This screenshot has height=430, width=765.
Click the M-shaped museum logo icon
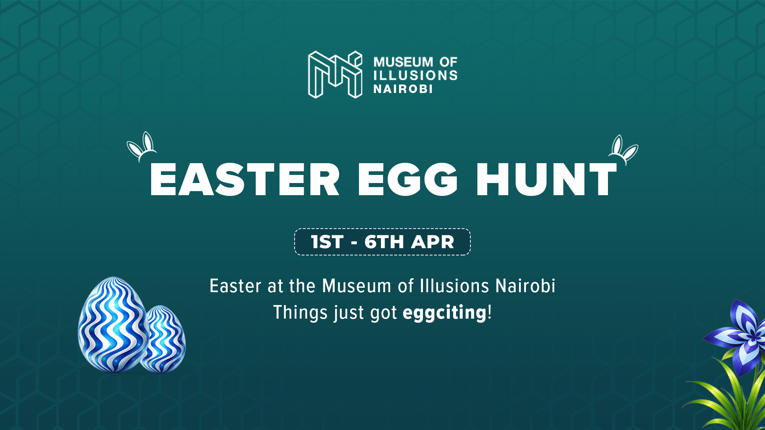(x=335, y=75)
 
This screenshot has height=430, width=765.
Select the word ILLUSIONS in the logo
(x=416, y=75)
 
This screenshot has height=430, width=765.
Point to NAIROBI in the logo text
(x=403, y=89)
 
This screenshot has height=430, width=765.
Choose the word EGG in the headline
(x=408, y=179)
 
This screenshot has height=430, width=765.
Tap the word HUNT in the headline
(x=547, y=179)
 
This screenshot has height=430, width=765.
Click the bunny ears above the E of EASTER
(x=142, y=146)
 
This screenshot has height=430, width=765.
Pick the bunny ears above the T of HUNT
(x=623, y=149)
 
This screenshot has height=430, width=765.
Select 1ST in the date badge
(x=327, y=242)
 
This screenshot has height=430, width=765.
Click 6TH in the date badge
(x=384, y=242)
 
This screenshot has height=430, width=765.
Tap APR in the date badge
(x=433, y=242)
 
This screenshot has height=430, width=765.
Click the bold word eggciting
(x=445, y=313)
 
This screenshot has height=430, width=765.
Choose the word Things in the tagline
(x=300, y=312)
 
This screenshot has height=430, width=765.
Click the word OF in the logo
(x=448, y=62)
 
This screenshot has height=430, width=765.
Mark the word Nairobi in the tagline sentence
(x=525, y=286)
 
